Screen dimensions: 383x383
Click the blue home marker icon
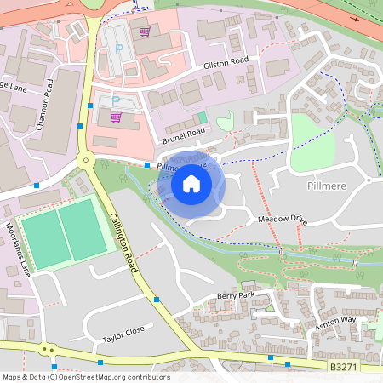pos(191,183)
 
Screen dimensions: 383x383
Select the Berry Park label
pos(236,296)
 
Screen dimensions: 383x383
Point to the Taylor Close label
pos(124,329)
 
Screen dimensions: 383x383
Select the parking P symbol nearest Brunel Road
pos(116,101)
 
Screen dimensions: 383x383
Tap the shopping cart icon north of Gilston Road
pos(145,31)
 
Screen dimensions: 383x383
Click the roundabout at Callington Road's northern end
pos(85,159)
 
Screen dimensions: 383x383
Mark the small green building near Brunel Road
pos(201,117)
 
